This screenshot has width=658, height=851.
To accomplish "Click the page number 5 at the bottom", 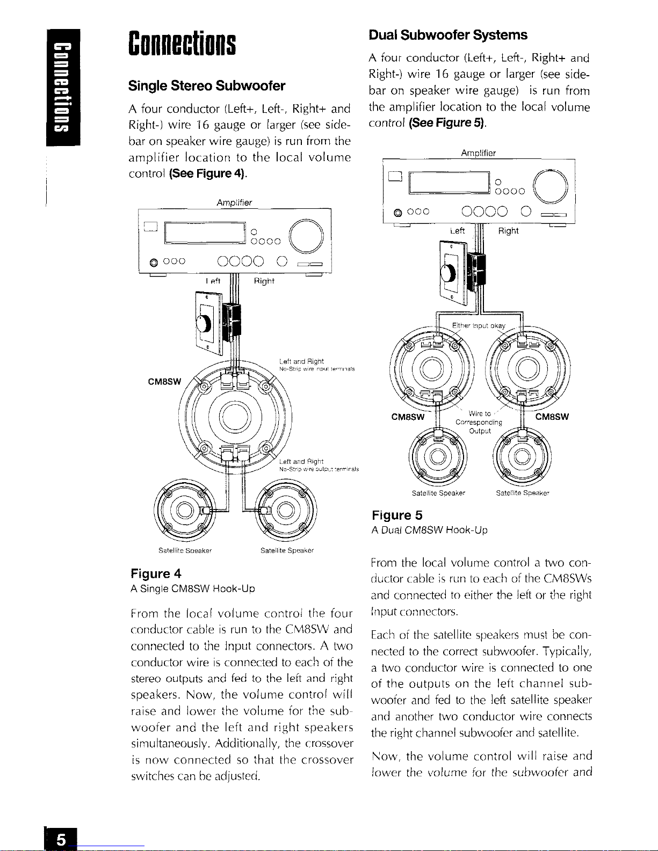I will coord(62,839).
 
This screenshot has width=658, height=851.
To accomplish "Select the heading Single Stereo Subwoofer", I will coord(207,86).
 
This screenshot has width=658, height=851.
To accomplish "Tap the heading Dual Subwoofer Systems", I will coord(448,35).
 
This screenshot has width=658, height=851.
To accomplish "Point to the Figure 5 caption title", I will coord(397,515).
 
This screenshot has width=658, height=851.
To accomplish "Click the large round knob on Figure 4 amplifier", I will coord(306,236).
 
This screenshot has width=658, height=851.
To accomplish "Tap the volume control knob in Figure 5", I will coord(447,273).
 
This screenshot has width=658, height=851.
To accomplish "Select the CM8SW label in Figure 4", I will coord(164,382).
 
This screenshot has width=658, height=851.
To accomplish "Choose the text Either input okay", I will coord(479,326).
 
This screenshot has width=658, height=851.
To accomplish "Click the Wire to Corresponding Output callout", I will coord(479,422).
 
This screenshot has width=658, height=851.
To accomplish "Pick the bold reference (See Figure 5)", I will coord(448,123).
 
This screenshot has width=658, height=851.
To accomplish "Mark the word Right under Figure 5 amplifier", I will coord(508,231).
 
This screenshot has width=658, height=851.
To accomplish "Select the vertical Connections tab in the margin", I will coord(63,87).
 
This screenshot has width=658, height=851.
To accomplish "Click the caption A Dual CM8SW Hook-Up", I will coord(430,530).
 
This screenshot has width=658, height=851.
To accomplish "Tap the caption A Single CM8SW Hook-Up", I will coord(193,589).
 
